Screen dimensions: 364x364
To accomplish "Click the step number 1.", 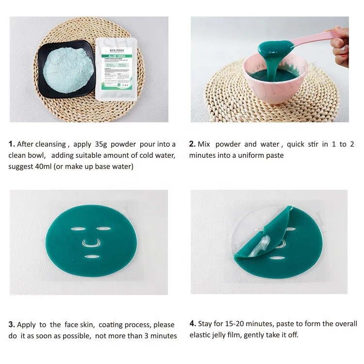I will click(12, 144).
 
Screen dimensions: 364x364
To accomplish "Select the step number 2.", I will click(192, 144).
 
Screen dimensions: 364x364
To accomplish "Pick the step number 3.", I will click(12, 325).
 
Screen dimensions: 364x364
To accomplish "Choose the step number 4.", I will click(192, 324).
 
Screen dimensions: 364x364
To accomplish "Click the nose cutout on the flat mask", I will click(89, 242).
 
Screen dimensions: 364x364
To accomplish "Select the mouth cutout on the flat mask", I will click(91, 256).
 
